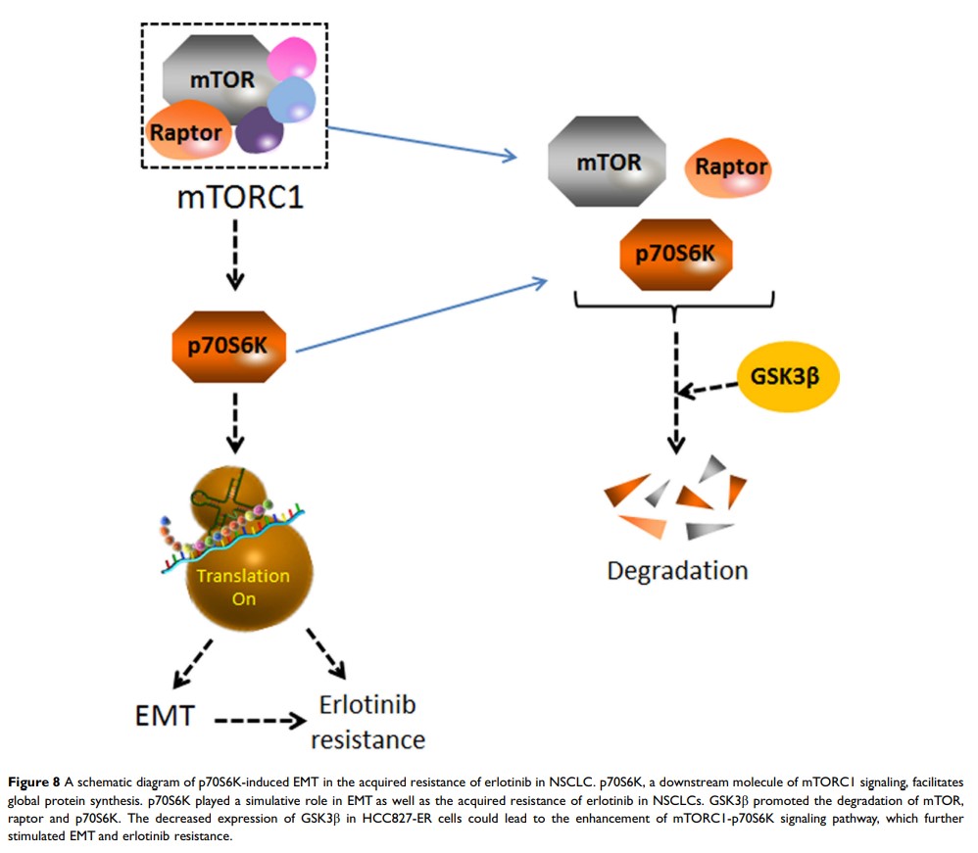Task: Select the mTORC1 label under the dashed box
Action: (x=240, y=197)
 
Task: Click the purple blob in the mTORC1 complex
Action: (x=260, y=129)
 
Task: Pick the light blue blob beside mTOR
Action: (x=291, y=100)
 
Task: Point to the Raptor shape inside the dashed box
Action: (x=188, y=132)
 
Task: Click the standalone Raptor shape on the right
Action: (x=730, y=166)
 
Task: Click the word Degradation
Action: (x=677, y=570)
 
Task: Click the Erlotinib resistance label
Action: (x=367, y=722)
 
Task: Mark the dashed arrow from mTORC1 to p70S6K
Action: (x=235, y=255)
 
